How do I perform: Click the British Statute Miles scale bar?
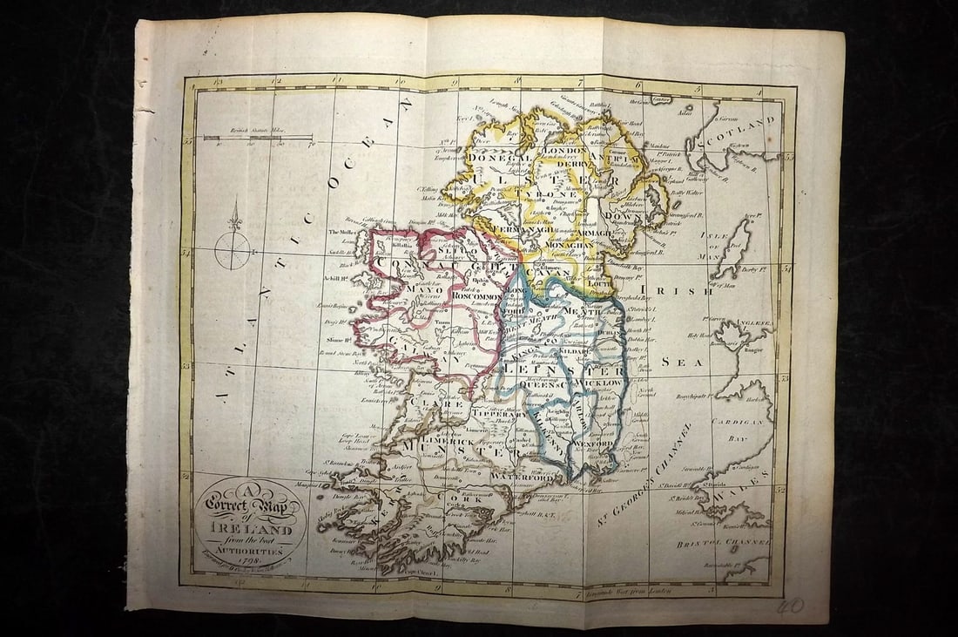pyautogui.click(x=258, y=138)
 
